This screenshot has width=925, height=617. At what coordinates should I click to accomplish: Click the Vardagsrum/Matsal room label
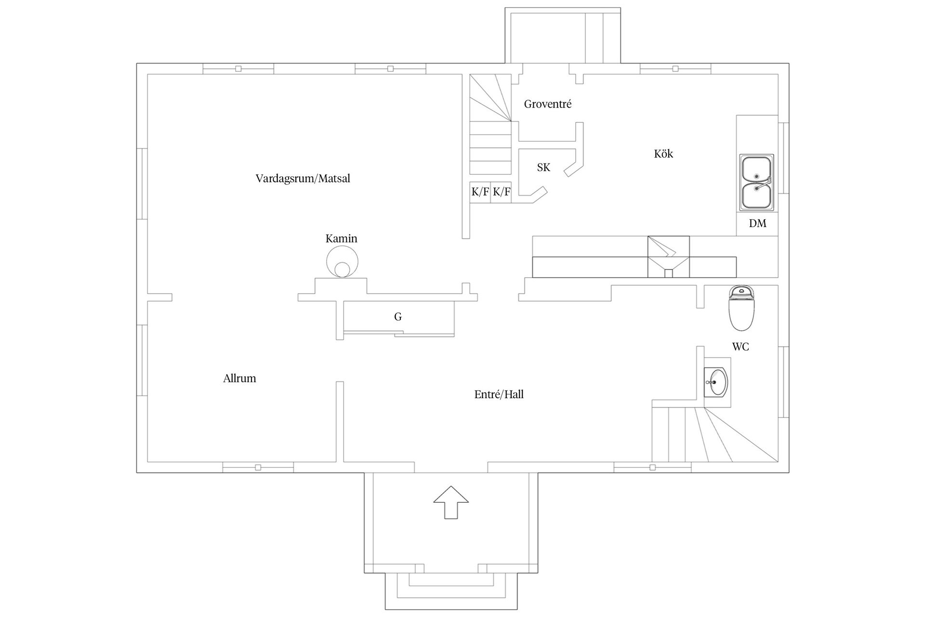tap(303, 179)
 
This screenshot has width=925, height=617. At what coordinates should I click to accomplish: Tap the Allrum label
tap(239, 378)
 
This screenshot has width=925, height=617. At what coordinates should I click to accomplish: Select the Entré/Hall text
tap(499, 395)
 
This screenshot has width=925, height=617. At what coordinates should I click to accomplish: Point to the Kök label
tap(663, 154)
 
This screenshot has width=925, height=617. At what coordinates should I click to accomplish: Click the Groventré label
tap(548, 104)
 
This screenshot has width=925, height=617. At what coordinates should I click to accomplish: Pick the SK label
tap(543, 168)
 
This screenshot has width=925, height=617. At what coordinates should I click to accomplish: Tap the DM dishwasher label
tap(757, 224)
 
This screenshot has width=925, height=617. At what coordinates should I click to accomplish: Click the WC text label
tap(740, 347)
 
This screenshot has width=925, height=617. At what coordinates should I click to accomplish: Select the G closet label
tap(398, 317)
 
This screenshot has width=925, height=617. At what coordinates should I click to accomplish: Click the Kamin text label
tap(342, 239)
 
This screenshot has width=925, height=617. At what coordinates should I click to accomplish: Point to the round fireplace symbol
tap(342, 262)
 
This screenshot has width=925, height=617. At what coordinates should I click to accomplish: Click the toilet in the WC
tap(741, 308)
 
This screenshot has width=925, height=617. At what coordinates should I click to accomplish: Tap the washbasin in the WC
tap(717, 382)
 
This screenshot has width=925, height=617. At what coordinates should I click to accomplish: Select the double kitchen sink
tap(757, 183)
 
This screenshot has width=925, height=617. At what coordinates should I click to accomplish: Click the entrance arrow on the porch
tap(451, 502)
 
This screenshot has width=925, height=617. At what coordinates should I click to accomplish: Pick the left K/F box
tap(480, 192)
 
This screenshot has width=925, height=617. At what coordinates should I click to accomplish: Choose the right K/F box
tap(501, 192)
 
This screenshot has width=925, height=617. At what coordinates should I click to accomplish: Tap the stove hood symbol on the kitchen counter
tap(668, 256)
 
